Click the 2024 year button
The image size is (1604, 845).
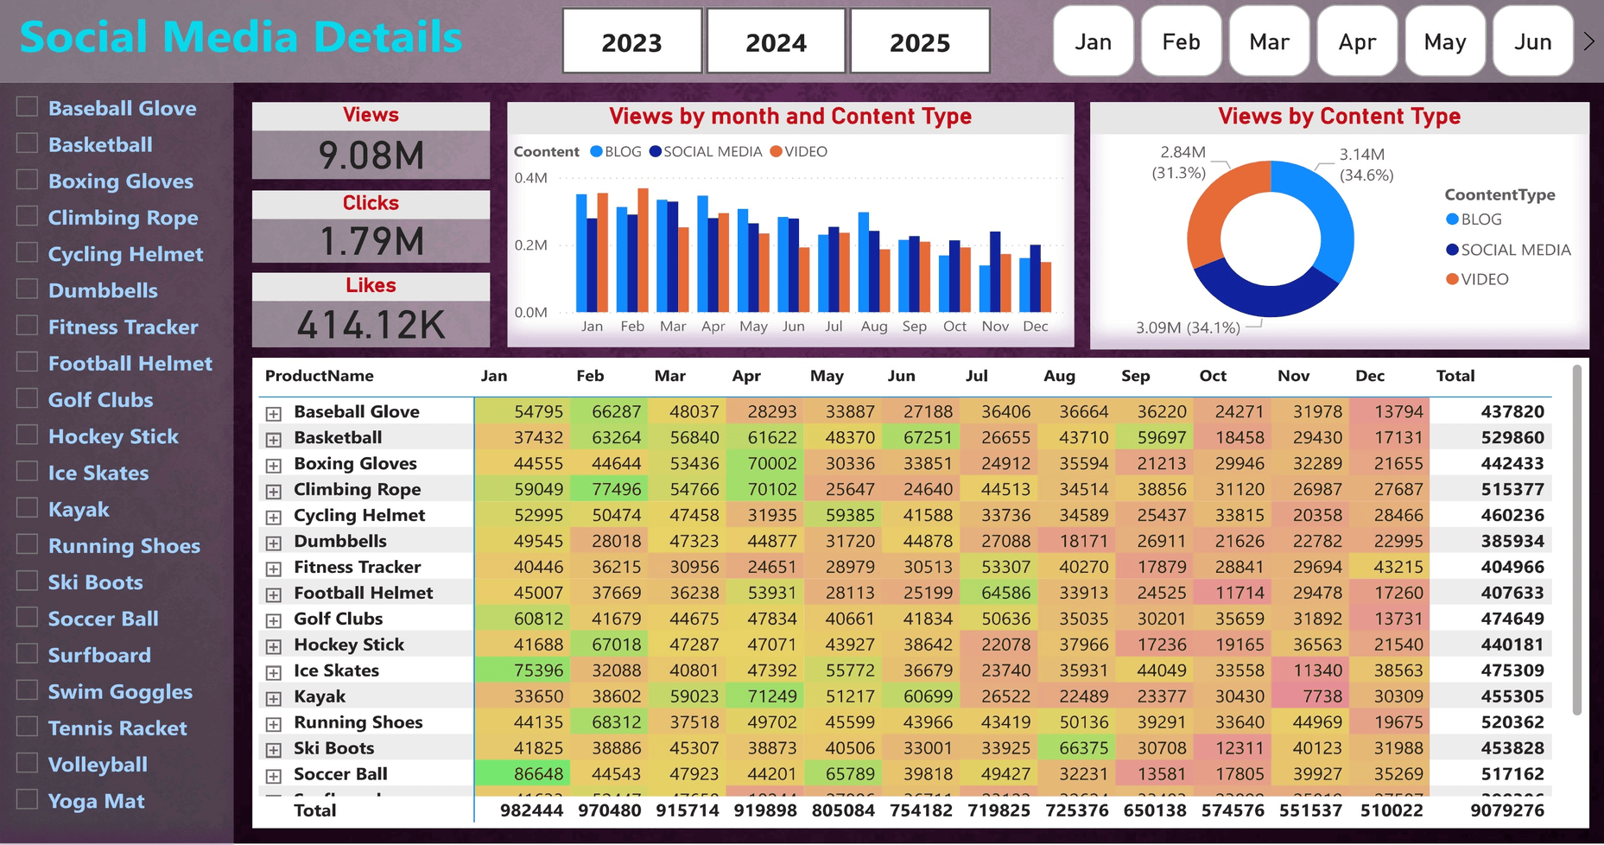(776, 41)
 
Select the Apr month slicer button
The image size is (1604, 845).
(1357, 41)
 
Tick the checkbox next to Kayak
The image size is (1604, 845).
(28, 508)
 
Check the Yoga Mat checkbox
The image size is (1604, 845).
(28, 799)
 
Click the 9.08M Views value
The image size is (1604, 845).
(371, 156)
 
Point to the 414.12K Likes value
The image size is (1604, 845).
(371, 325)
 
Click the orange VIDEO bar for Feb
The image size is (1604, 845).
(643, 251)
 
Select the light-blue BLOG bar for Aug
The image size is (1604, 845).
(863, 262)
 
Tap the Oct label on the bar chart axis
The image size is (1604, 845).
(954, 327)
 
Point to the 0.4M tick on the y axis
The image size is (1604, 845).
(530, 178)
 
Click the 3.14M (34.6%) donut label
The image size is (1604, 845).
(1365, 164)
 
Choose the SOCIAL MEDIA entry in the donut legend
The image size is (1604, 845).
(1514, 250)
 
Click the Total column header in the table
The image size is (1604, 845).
(1455, 376)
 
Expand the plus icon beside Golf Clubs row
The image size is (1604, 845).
(273, 620)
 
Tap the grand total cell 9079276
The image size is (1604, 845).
(1506, 810)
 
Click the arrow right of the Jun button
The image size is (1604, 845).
(1588, 41)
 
